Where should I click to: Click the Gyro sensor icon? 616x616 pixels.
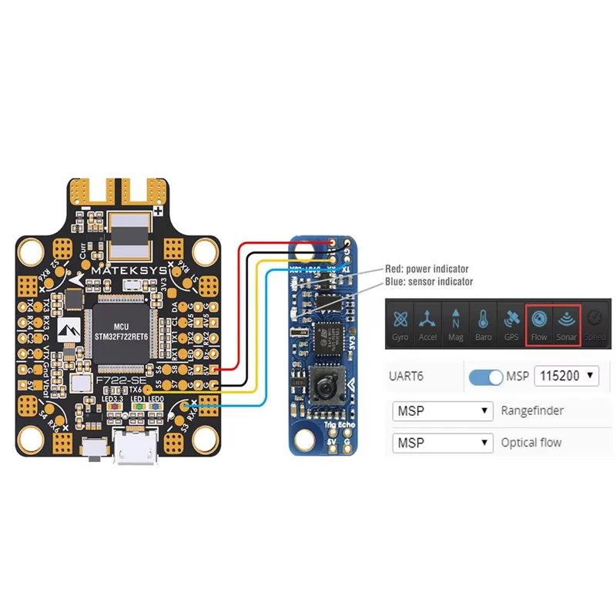[400, 324]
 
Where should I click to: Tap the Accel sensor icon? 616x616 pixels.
[428, 324]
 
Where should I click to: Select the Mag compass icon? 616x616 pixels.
[456, 324]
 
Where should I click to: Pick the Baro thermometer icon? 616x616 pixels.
[483, 324]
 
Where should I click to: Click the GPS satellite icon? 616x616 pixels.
[511, 324]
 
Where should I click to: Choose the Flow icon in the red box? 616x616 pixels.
[539, 324]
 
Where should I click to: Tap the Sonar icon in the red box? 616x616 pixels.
[566, 324]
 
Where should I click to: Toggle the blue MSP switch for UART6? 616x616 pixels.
[485, 377]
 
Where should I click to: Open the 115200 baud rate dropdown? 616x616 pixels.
[566, 377]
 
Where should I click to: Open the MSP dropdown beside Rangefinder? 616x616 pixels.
[442, 410]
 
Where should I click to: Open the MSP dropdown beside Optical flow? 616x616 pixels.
[442, 443]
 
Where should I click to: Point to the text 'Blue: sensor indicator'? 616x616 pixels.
[429, 282]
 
